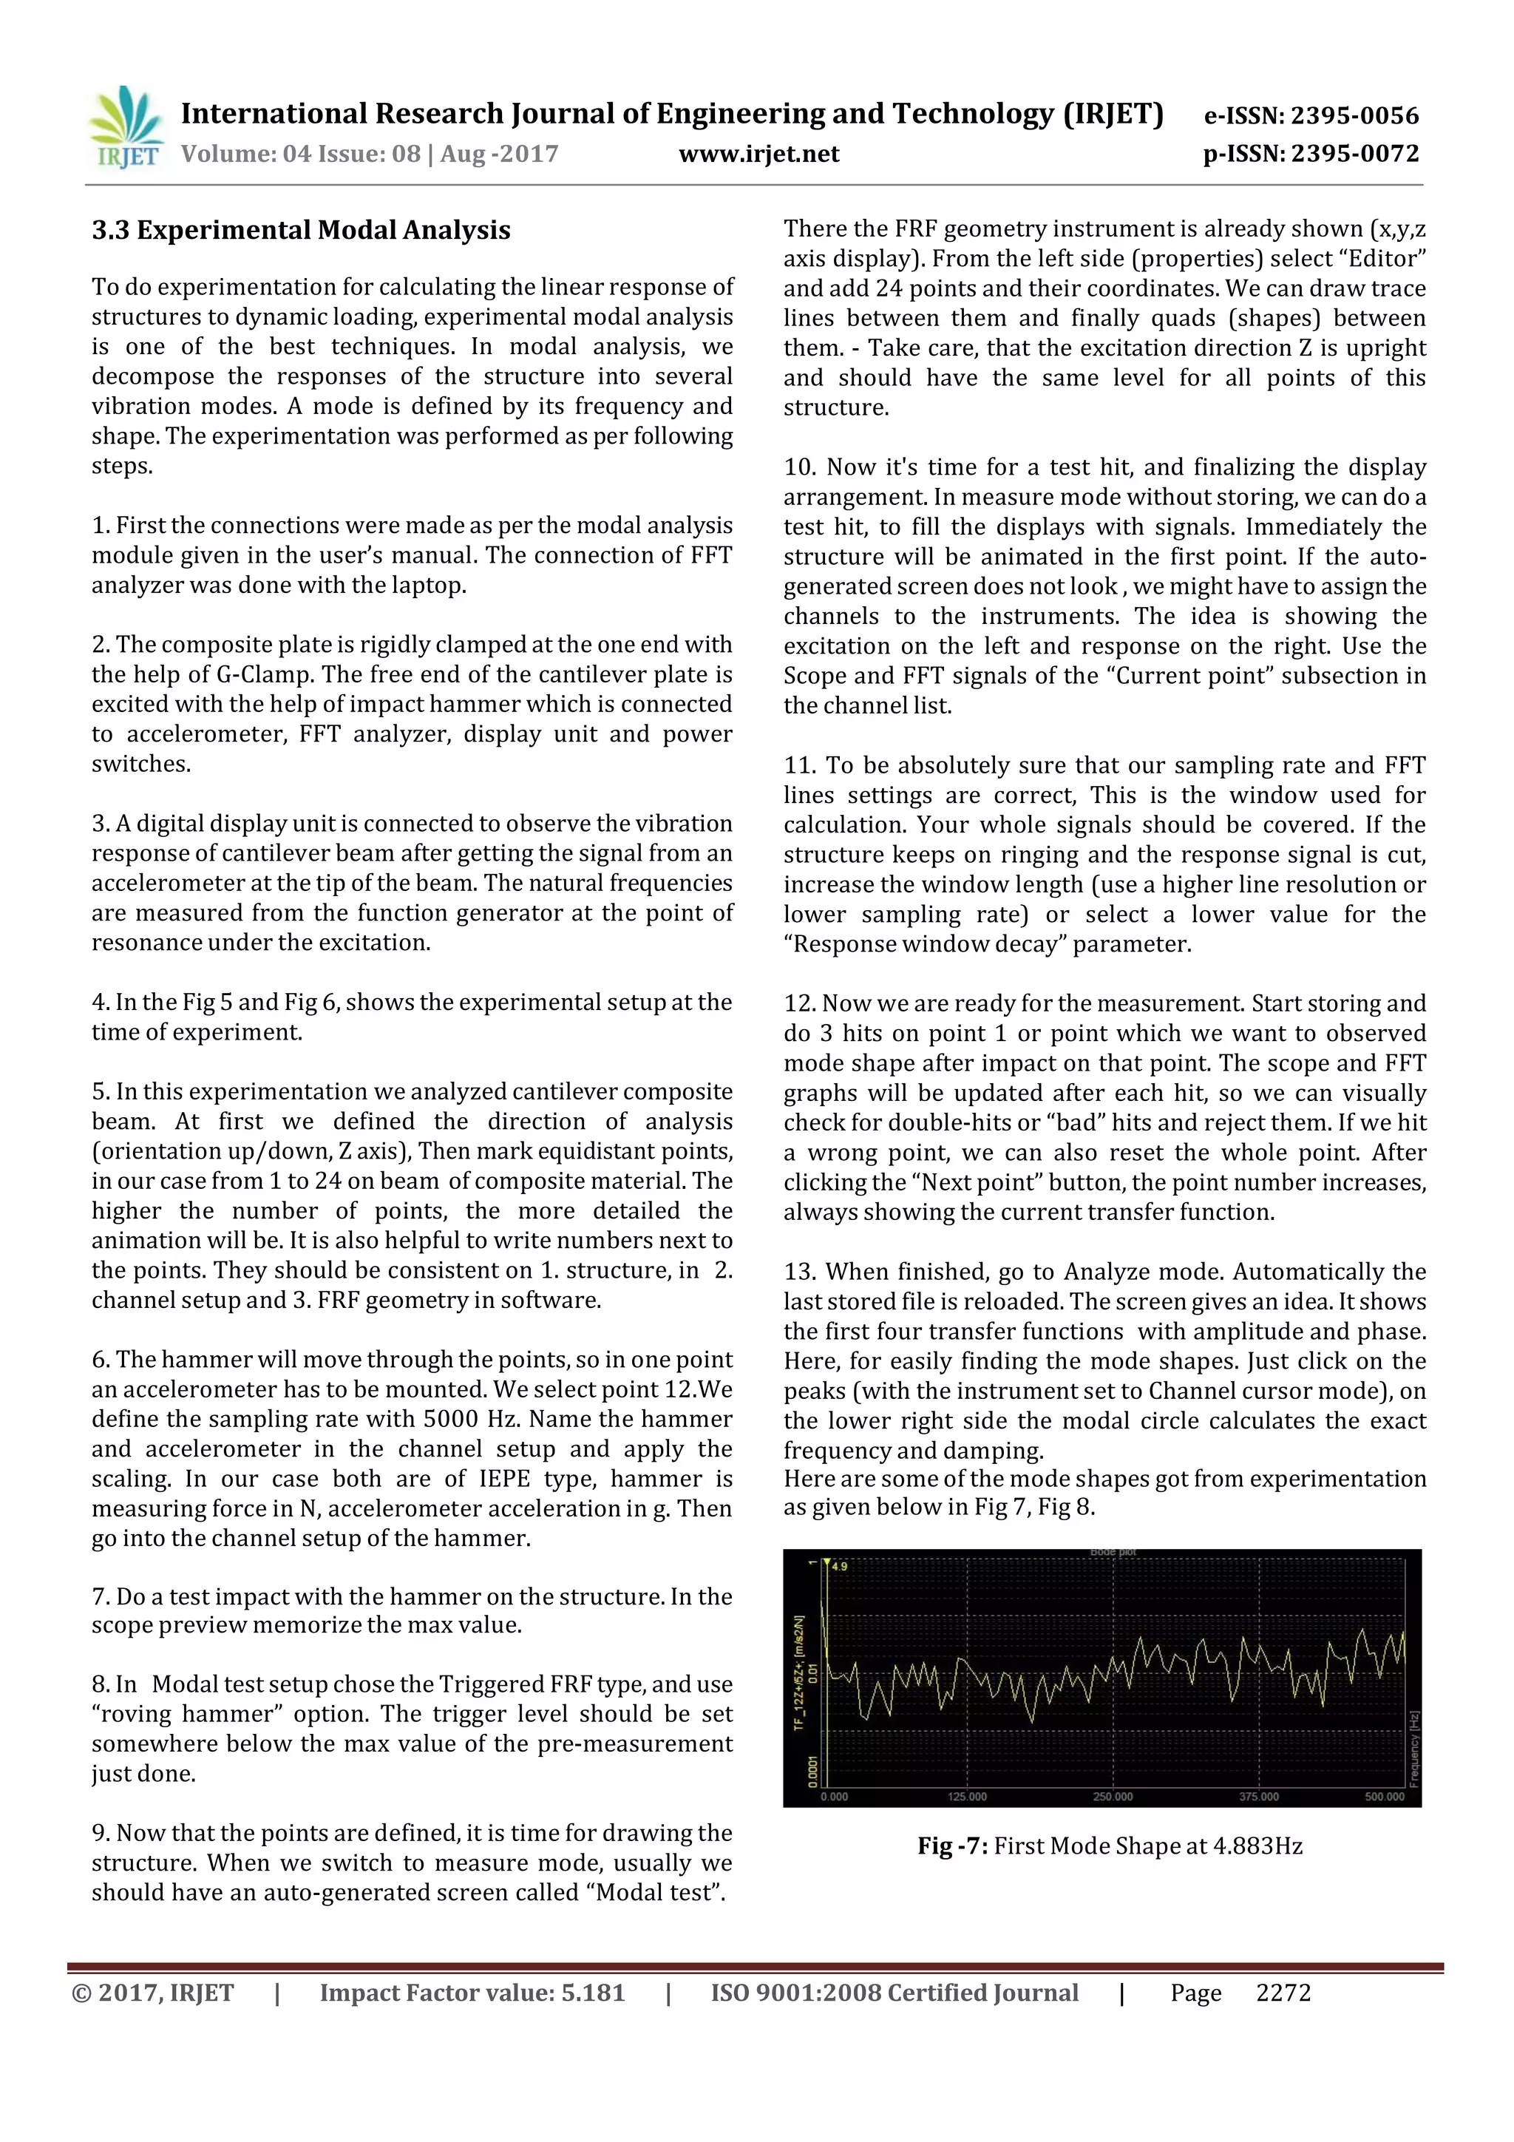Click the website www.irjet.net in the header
coord(758,154)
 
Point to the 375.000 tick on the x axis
coord(1258,1796)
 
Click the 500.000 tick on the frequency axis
coord(1385,1796)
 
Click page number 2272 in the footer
coord(1283,1993)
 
